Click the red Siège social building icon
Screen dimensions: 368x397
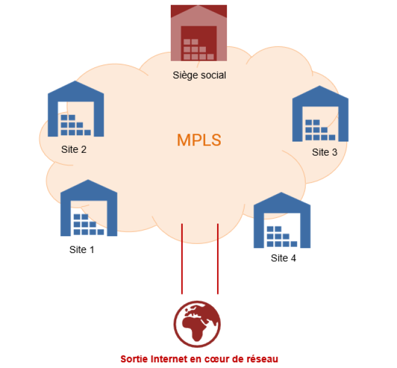pos(198,34)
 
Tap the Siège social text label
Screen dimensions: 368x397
pos(199,75)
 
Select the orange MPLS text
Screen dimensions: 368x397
pos(199,140)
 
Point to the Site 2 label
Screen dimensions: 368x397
pos(74,150)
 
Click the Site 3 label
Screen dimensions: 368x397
pos(324,152)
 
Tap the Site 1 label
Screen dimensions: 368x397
pos(82,249)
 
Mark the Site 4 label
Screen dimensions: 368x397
pos(283,259)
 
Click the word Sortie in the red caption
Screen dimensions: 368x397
pos(133,359)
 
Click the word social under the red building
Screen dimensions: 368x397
pos(213,75)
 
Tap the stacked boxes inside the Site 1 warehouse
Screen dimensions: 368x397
pos(88,225)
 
